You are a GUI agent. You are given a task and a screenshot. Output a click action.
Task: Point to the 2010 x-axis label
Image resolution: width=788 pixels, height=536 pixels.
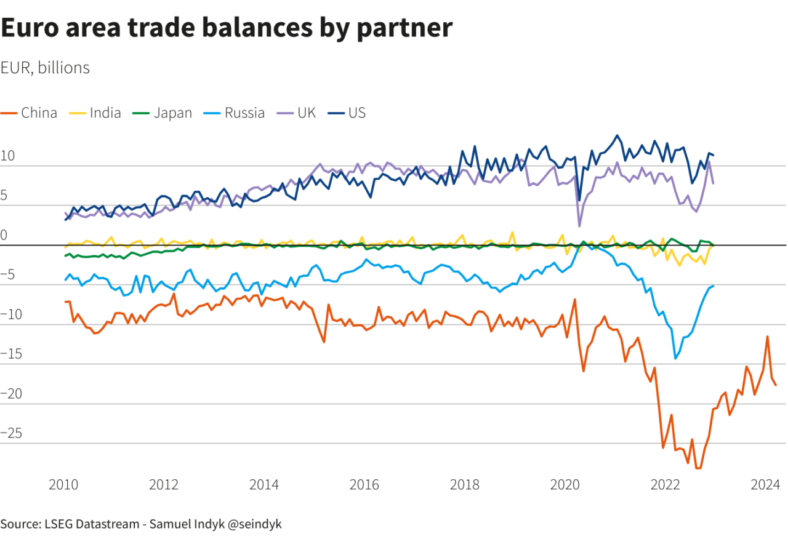pos(63,485)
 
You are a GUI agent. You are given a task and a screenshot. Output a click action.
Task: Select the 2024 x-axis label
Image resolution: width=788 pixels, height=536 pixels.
pos(766,485)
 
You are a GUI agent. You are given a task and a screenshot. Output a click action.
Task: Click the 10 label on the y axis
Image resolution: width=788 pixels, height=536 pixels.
pos(8,156)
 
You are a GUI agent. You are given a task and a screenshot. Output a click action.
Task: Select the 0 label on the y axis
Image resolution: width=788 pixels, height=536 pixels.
pos(4,235)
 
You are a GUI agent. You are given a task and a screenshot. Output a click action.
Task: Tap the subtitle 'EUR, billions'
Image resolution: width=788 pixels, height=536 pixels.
pos(46,68)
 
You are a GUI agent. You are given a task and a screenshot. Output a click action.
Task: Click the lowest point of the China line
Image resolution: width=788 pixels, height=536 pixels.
pos(698,468)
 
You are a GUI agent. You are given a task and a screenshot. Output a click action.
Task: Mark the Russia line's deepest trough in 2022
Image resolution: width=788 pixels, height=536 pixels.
pos(675,358)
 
